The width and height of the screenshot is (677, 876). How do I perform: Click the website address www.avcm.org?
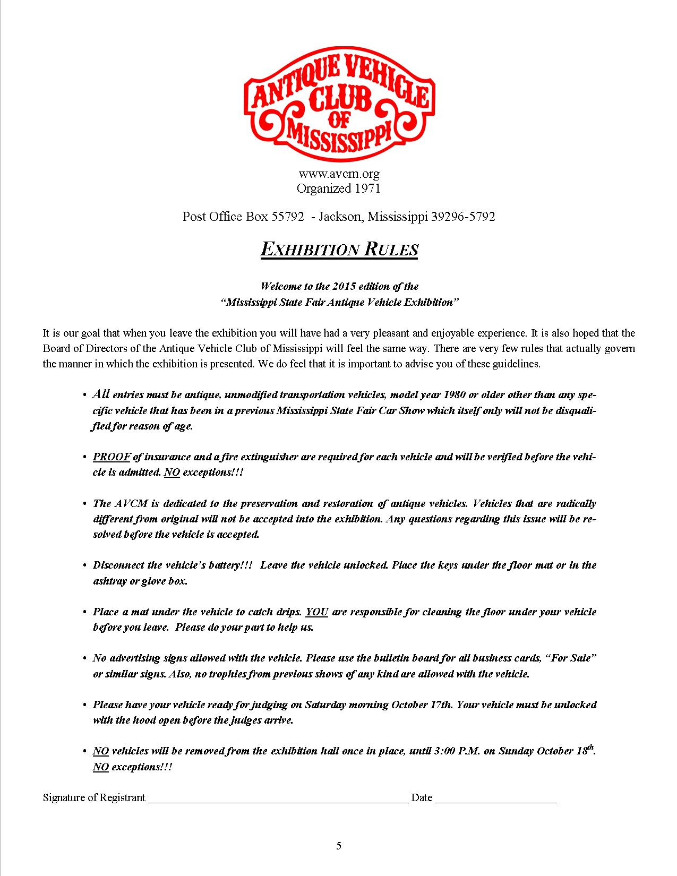pyautogui.click(x=339, y=174)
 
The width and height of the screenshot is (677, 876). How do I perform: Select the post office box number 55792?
pyautogui.click(x=287, y=217)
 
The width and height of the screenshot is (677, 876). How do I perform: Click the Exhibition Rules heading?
pyautogui.click(x=339, y=249)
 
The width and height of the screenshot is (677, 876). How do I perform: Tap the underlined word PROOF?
pyautogui.click(x=112, y=457)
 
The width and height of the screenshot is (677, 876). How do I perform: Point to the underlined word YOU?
pyautogui.click(x=317, y=612)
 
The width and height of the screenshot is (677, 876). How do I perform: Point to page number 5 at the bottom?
pyautogui.click(x=339, y=846)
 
